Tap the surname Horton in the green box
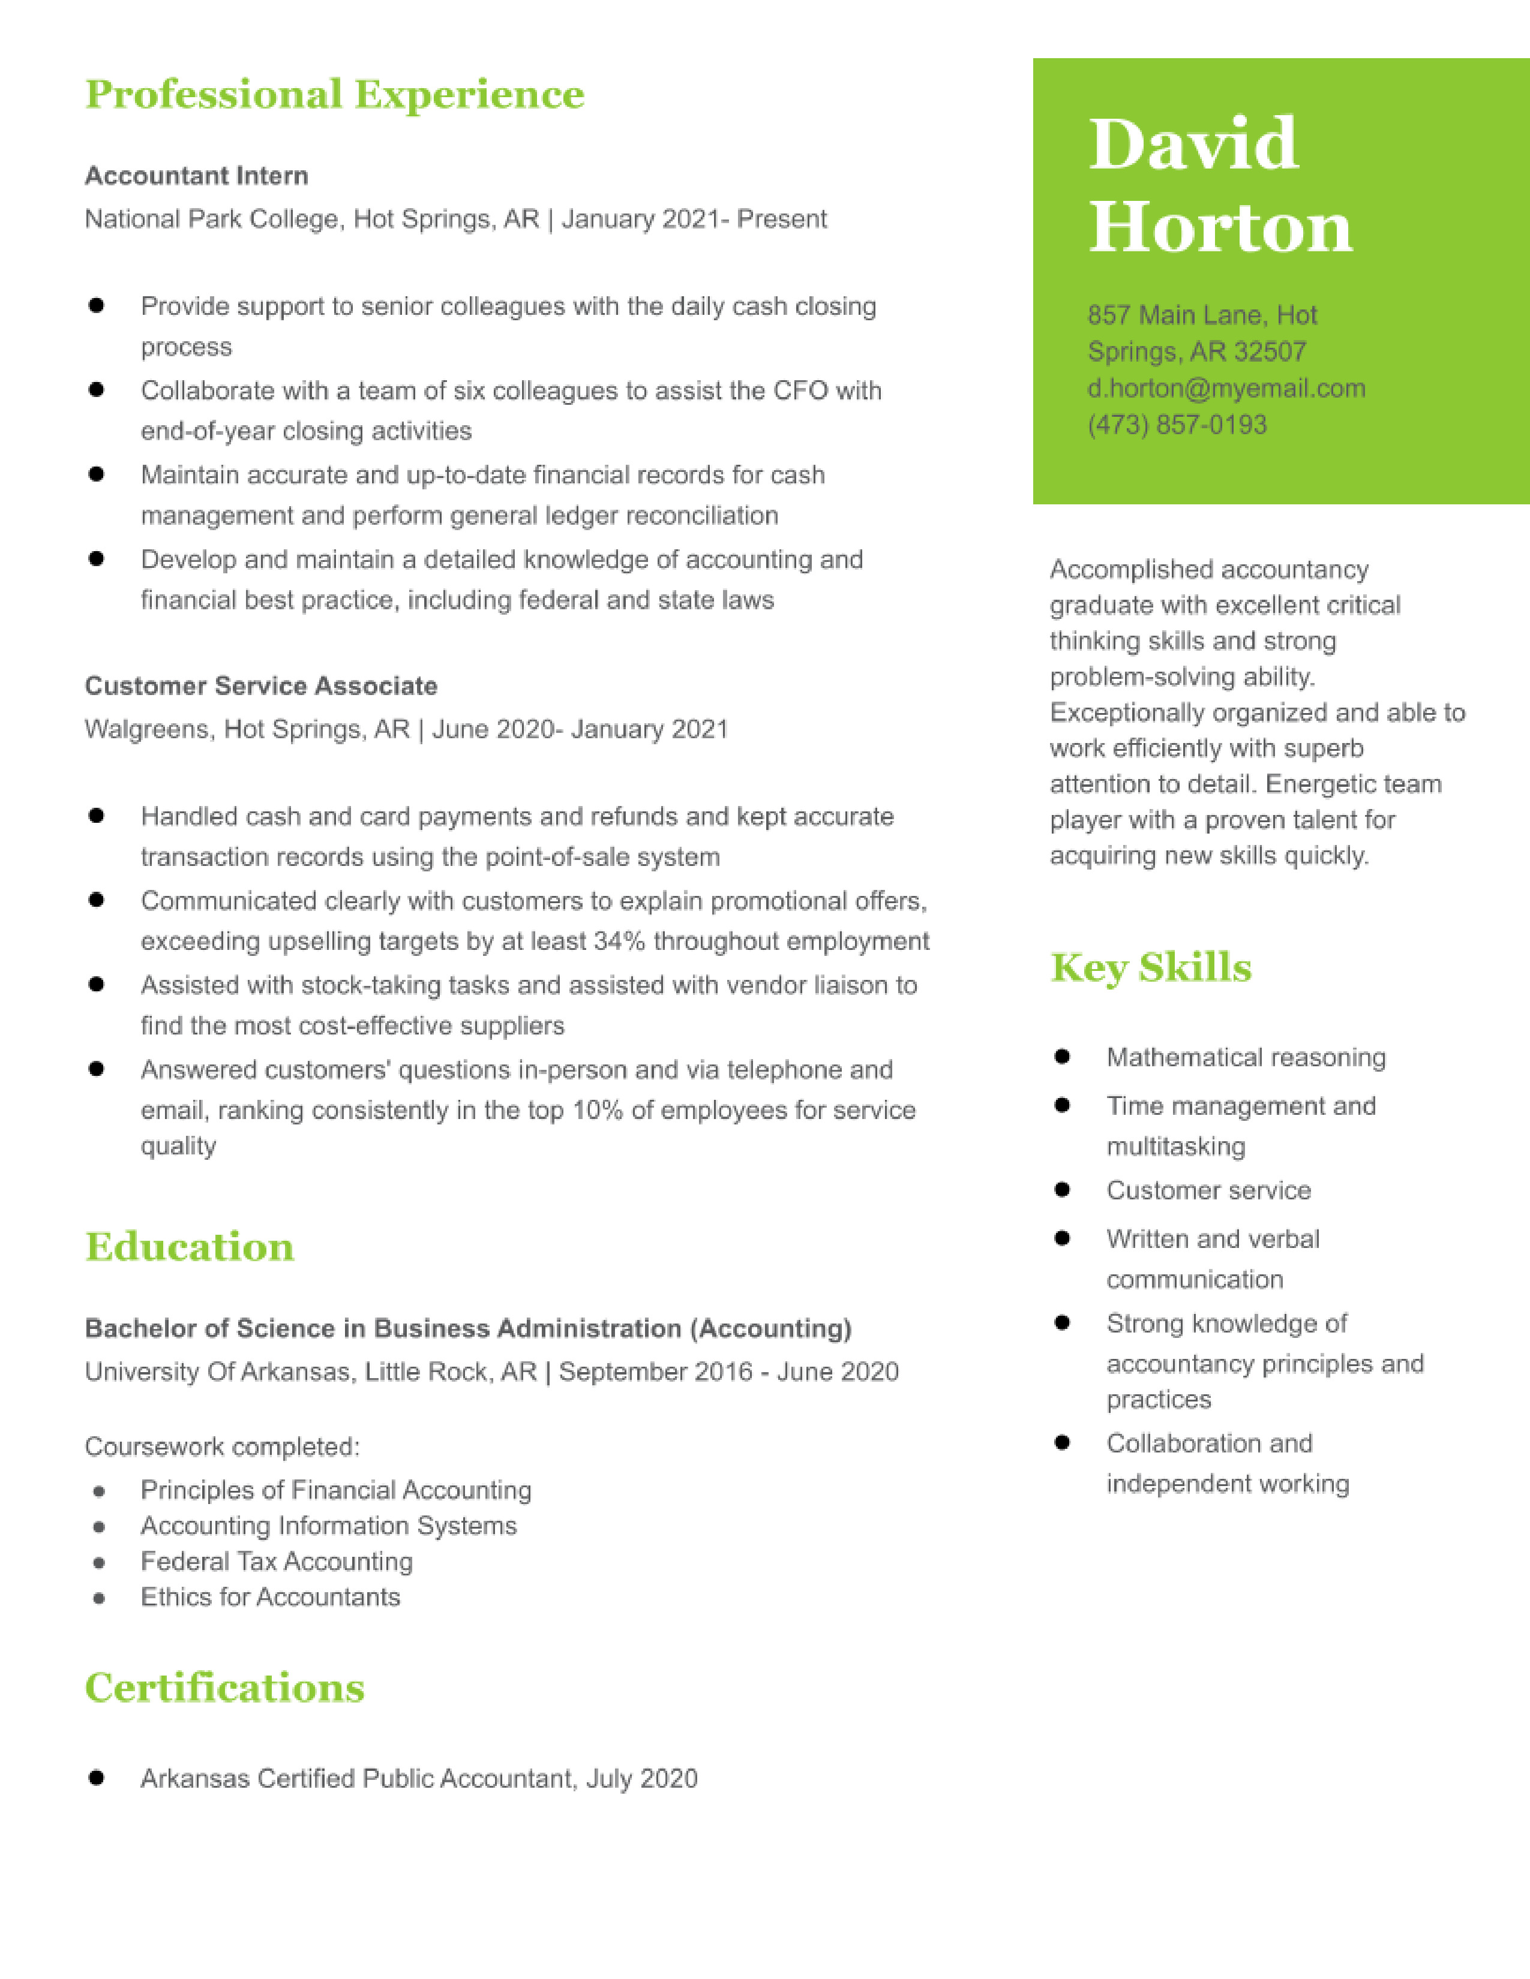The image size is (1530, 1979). click(1220, 227)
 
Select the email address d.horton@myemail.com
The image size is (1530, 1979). click(1226, 389)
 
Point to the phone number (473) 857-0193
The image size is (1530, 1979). click(1177, 425)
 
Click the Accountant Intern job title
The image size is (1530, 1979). click(197, 176)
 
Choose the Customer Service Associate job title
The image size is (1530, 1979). click(261, 686)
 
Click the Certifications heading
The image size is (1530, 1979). click(225, 1688)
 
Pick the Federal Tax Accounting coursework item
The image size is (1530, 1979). click(277, 1561)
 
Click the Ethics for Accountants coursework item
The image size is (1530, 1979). click(270, 1596)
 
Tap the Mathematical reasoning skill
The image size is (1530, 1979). click(1246, 1057)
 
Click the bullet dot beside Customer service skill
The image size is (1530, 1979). click(1062, 1190)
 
